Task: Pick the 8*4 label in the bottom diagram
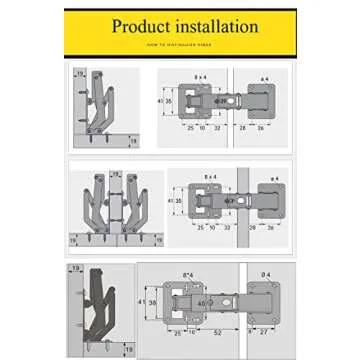[x=188, y=274]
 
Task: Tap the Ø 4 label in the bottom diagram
[x=265, y=274]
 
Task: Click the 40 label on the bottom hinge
[x=200, y=303]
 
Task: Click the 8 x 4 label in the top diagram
[x=200, y=77]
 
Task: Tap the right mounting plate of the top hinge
[x=262, y=102]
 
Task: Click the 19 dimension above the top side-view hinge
[x=79, y=74]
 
